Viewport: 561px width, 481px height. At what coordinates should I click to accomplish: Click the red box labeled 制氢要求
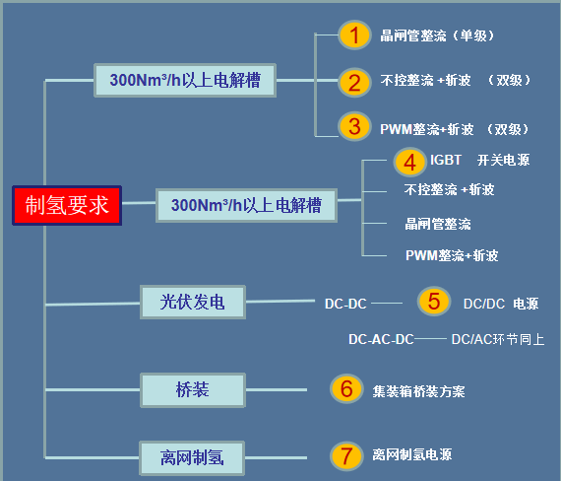(67, 205)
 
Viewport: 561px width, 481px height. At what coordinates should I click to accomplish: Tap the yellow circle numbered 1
(354, 35)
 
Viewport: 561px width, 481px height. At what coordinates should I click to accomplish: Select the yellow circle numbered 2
(354, 83)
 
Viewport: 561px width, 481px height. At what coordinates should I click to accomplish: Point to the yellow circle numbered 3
(354, 126)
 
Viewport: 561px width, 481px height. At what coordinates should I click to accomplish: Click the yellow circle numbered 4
(410, 163)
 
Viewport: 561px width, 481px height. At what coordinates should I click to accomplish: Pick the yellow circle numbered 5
(434, 301)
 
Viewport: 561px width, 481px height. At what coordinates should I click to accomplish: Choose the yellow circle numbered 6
(346, 389)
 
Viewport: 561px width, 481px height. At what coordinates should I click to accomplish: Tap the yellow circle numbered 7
(346, 456)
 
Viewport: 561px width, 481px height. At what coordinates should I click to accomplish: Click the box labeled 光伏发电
(193, 302)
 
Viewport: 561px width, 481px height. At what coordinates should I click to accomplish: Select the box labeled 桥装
(193, 390)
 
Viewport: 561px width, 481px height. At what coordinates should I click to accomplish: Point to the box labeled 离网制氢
(192, 458)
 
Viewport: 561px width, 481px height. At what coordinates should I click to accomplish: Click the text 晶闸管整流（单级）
(437, 35)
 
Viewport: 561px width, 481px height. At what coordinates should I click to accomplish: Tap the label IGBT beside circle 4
(446, 160)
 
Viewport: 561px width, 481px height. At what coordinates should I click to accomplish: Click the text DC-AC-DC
(381, 339)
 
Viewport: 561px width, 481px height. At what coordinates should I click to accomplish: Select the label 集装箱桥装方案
(418, 391)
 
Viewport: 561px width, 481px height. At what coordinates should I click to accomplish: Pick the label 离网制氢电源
(412, 454)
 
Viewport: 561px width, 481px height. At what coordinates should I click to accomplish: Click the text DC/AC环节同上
(498, 339)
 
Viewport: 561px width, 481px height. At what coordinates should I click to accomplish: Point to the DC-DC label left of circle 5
(345, 304)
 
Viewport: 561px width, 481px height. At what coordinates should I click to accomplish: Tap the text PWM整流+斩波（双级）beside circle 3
(455, 129)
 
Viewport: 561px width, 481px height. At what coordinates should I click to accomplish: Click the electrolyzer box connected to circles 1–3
(185, 80)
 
